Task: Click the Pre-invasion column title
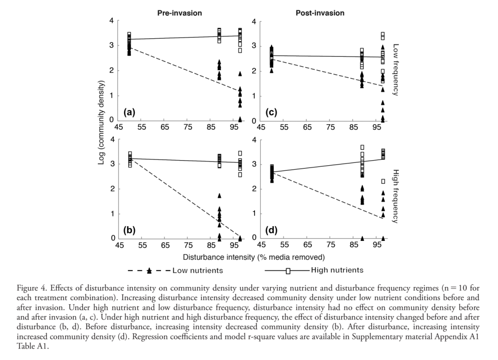(179, 13)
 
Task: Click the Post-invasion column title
(320, 13)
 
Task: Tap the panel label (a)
(130, 112)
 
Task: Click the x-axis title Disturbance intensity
(254, 257)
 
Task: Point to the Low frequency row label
(396, 70)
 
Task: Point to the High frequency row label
(396, 196)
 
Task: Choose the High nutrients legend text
(337, 270)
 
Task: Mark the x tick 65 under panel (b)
(165, 245)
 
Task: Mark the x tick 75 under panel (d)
(330, 245)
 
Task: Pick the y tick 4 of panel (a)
(111, 21)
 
